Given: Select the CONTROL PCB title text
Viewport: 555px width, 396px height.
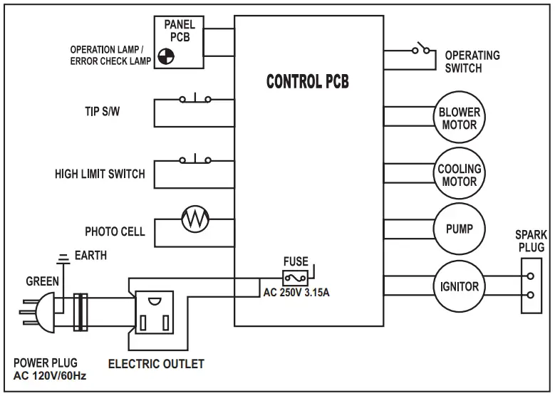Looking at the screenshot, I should click(308, 81).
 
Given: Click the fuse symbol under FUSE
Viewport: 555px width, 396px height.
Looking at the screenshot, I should click(295, 277).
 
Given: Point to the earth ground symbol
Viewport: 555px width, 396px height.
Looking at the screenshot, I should click(63, 256).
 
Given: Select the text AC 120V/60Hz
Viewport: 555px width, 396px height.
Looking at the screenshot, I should click(50, 376).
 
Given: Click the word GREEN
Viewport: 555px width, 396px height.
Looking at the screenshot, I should click(43, 281).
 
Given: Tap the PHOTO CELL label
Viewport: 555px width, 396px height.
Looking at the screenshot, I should click(115, 231).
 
